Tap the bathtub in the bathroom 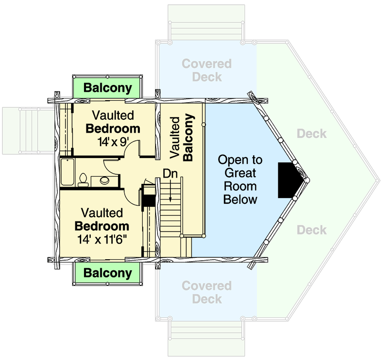tap(67, 172)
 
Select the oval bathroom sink tap(105, 180)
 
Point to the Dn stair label tap(170, 174)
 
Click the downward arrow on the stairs tap(170, 191)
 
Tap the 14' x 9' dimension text tap(113, 142)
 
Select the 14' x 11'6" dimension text tap(102, 239)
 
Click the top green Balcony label tap(108, 88)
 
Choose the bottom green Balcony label tap(108, 273)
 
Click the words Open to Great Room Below tap(240, 180)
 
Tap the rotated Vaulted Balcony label tap(182, 138)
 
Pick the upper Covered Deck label tap(207, 70)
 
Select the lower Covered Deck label tap(207, 292)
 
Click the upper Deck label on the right tap(312, 134)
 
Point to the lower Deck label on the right tap(312, 230)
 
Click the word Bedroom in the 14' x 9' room tap(113, 128)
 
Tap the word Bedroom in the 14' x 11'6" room tap(102, 226)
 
